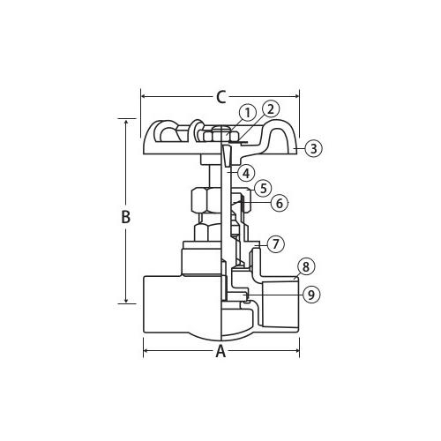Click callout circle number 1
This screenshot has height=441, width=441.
coord(248,113)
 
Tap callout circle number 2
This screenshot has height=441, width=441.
coord(271,109)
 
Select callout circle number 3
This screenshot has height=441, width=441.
coord(314,148)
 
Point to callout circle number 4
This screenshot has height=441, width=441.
coord(246,173)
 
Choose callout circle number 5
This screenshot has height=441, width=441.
coord(263,188)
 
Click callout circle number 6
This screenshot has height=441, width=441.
coord(280,203)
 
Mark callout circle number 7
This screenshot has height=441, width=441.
coord(275,243)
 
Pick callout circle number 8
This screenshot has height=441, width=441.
coord(306,266)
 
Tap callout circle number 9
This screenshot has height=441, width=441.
coord(311,294)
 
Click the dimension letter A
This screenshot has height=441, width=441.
coord(220,351)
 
